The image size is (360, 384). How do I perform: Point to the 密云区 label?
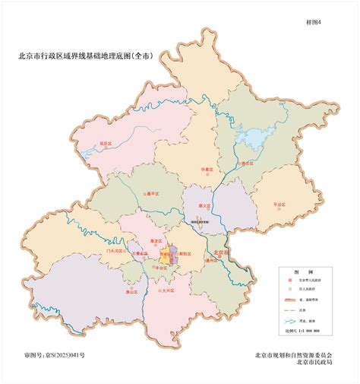[246, 163]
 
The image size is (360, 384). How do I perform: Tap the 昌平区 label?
[155, 196]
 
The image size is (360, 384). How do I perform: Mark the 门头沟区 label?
[116, 250]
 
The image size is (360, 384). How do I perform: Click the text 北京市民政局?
[319, 363]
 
